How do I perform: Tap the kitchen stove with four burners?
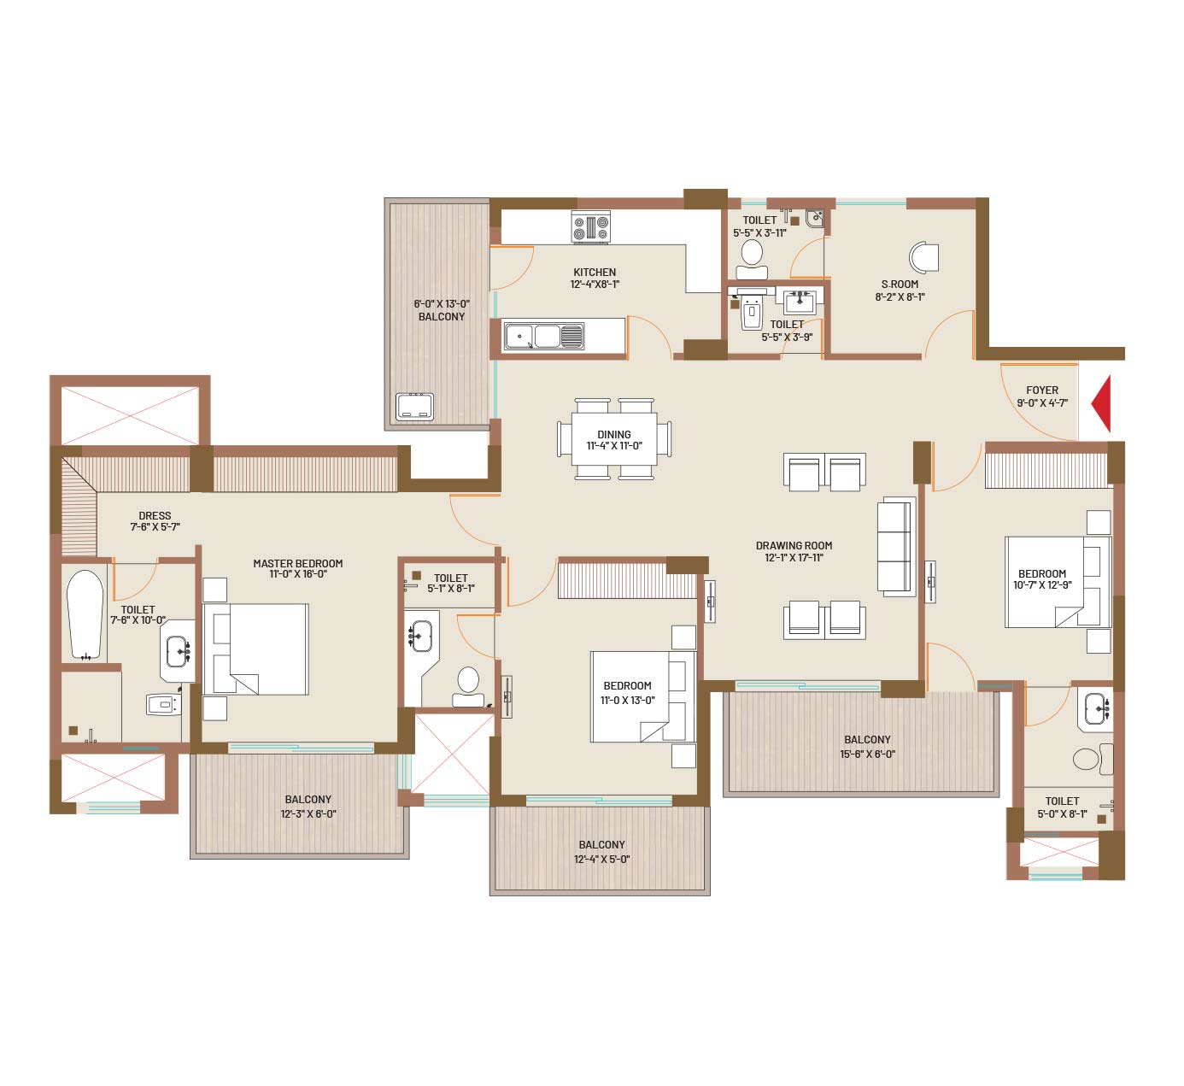pyautogui.click(x=591, y=226)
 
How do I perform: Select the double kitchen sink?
pyautogui.click(x=543, y=336)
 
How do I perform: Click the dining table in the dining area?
pyautogui.click(x=614, y=439)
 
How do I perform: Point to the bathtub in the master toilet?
pyautogui.click(x=85, y=614)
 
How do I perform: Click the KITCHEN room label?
pyautogui.click(x=595, y=273)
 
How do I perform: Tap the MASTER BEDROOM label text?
pyautogui.click(x=297, y=563)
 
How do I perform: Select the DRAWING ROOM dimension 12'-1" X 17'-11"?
pyautogui.click(x=794, y=557)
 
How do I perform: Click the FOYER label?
pyautogui.click(x=1041, y=390)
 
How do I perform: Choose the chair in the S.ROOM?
pyautogui.click(x=923, y=258)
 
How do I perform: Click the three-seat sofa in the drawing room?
pyautogui.click(x=896, y=546)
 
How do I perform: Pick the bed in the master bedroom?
pyautogui.click(x=255, y=649)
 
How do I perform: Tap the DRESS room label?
pyautogui.click(x=155, y=515)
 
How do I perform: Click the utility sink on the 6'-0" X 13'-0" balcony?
pyautogui.click(x=414, y=407)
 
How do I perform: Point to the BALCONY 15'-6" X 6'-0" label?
pyautogui.click(x=867, y=747)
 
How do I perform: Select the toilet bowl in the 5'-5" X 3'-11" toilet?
pyautogui.click(x=752, y=260)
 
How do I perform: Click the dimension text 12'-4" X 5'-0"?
pyautogui.click(x=601, y=860)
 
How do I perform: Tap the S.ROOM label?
pyautogui.click(x=900, y=284)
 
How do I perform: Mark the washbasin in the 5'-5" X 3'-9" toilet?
pyautogui.click(x=800, y=302)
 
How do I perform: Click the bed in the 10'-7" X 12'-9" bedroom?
pyautogui.click(x=1058, y=582)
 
